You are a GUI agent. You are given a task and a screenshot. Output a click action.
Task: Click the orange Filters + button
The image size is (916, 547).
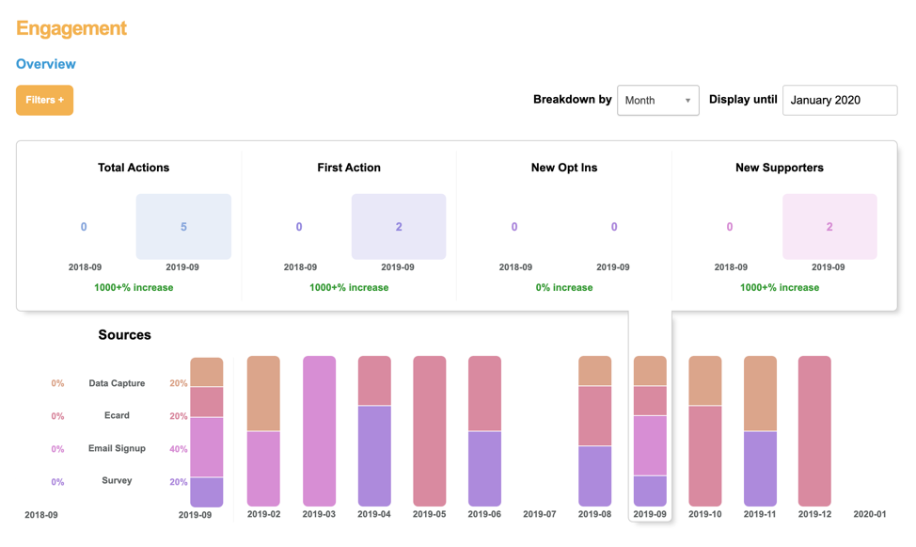tap(44, 100)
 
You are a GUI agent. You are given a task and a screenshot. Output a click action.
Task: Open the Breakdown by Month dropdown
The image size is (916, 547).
tap(657, 100)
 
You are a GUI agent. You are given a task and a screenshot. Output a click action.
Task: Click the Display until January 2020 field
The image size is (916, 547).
tap(839, 100)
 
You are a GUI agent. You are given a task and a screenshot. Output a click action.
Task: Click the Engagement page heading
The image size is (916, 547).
tap(71, 28)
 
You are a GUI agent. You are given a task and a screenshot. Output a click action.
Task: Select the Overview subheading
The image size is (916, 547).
tap(46, 64)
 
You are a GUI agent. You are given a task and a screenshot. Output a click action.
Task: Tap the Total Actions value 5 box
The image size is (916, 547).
tap(183, 227)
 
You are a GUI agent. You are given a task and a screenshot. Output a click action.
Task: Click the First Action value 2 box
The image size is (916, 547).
tap(399, 227)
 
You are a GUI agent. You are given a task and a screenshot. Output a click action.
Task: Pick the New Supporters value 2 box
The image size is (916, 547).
tap(829, 227)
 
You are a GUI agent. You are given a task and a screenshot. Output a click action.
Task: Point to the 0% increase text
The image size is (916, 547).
tap(564, 287)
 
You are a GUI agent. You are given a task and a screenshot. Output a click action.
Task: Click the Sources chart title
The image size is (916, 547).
tap(124, 334)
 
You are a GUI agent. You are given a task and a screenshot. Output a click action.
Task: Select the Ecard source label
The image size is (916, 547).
tap(117, 415)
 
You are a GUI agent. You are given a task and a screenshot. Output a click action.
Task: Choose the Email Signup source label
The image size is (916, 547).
tap(117, 448)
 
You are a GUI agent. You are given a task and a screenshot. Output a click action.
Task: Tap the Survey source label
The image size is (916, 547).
tap(117, 480)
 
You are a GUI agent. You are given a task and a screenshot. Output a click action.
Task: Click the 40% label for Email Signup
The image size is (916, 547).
tap(178, 449)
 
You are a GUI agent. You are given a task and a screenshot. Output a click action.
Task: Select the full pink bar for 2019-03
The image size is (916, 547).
tap(319, 430)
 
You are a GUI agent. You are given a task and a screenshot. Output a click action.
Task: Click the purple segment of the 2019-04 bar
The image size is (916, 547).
tap(374, 456)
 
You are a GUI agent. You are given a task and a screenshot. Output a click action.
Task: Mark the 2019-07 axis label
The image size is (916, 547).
tap(540, 514)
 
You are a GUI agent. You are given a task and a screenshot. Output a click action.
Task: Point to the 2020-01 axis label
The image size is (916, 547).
tap(870, 514)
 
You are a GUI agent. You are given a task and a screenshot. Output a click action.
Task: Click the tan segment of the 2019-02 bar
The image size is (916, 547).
tap(263, 393)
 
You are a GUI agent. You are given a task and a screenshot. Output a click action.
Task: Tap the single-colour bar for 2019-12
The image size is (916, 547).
tap(814, 430)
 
